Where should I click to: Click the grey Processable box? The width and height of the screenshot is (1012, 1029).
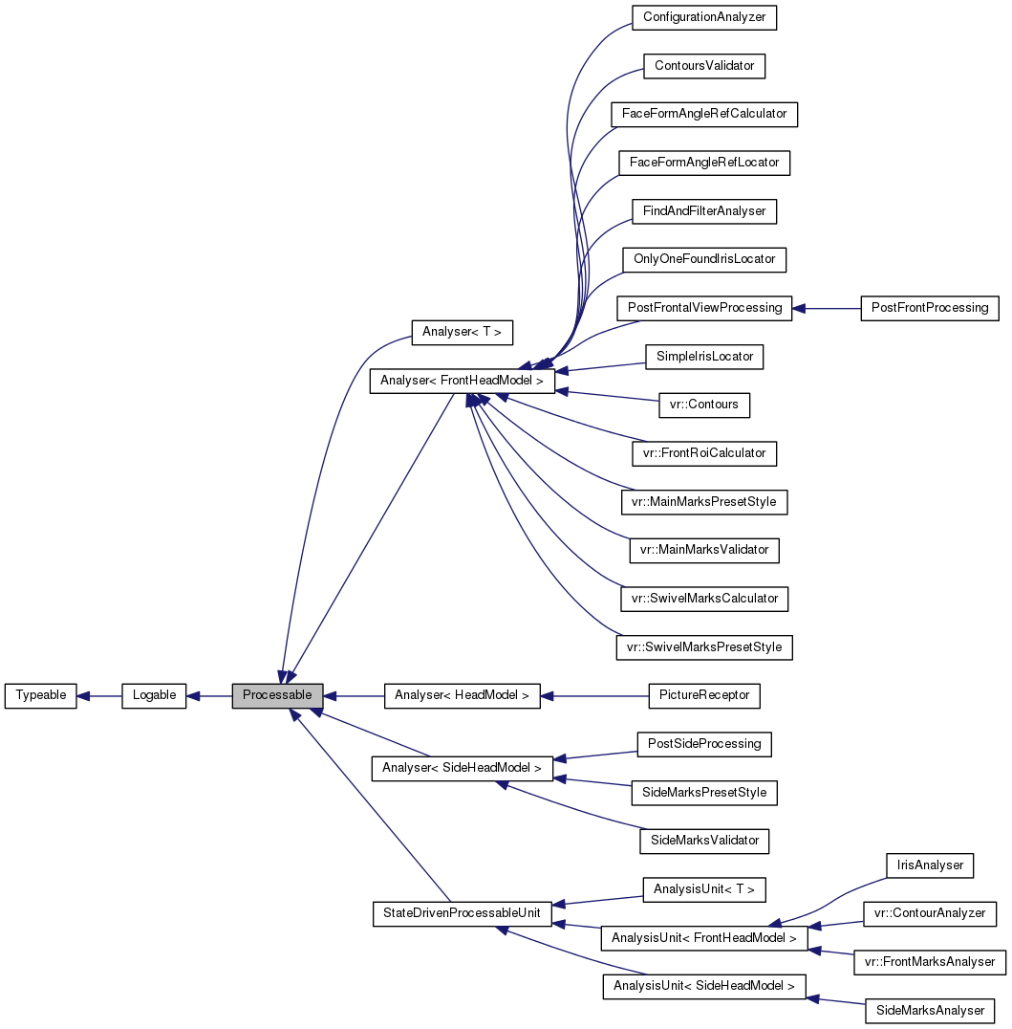coord(277,695)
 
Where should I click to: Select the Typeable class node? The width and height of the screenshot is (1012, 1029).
coord(40,695)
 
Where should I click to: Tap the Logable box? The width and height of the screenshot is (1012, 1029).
coord(154,695)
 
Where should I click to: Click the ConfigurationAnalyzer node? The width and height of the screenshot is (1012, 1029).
coord(704,17)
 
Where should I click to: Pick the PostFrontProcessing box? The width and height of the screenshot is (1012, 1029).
coord(929,308)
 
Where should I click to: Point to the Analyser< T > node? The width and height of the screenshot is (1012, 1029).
coord(462,332)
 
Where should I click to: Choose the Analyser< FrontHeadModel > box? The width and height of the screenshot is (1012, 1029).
coord(462,381)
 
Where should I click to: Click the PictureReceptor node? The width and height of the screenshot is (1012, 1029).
coord(703,695)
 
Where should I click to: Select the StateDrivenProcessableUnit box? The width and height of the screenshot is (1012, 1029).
coord(462,913)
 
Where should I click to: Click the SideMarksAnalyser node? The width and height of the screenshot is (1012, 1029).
coord(929,1011)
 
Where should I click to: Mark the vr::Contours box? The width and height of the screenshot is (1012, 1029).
coord(704,405)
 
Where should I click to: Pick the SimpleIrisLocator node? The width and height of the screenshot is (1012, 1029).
coord(704,357)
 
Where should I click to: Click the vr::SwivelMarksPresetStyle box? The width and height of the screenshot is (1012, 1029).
coord(704,647)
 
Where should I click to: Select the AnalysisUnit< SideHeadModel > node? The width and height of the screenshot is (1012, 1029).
coord(703,986)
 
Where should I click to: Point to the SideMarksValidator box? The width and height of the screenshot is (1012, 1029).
coord(704,841)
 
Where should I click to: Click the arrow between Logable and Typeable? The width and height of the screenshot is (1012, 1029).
coord(99,695)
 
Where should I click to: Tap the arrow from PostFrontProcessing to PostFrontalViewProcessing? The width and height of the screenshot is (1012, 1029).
coord(827,308)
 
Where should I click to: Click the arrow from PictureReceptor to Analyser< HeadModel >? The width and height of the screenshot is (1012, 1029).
coord(592,695)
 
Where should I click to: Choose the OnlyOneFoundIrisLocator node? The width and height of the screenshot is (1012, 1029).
coord(704,259)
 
